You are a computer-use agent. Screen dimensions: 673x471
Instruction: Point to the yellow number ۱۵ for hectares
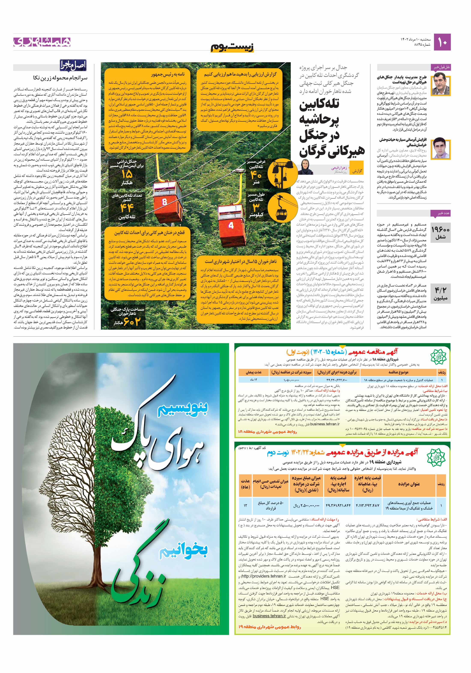[x=127, y=174]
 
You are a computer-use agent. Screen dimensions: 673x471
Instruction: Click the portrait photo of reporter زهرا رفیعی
[x=307, y=167]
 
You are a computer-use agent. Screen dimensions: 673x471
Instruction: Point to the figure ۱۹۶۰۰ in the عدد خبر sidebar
[x=440, y=229]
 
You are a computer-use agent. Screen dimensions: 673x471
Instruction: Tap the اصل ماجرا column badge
[x=73, y=65]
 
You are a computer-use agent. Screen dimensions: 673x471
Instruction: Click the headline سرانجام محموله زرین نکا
[x=60, y=78]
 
